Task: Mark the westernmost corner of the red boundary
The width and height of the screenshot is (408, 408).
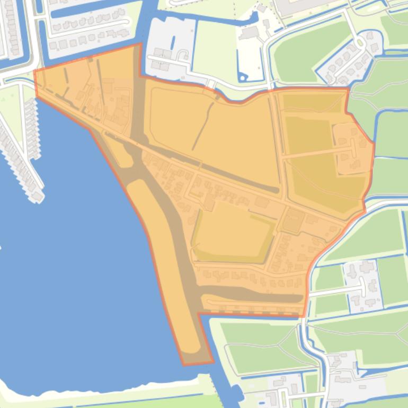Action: tap(35, 71)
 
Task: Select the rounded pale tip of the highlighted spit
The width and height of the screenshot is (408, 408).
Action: tap(191, 350)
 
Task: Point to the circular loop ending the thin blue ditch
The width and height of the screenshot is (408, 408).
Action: tap(243, 78)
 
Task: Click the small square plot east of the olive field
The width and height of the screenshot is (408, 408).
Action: tap(291, 220)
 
